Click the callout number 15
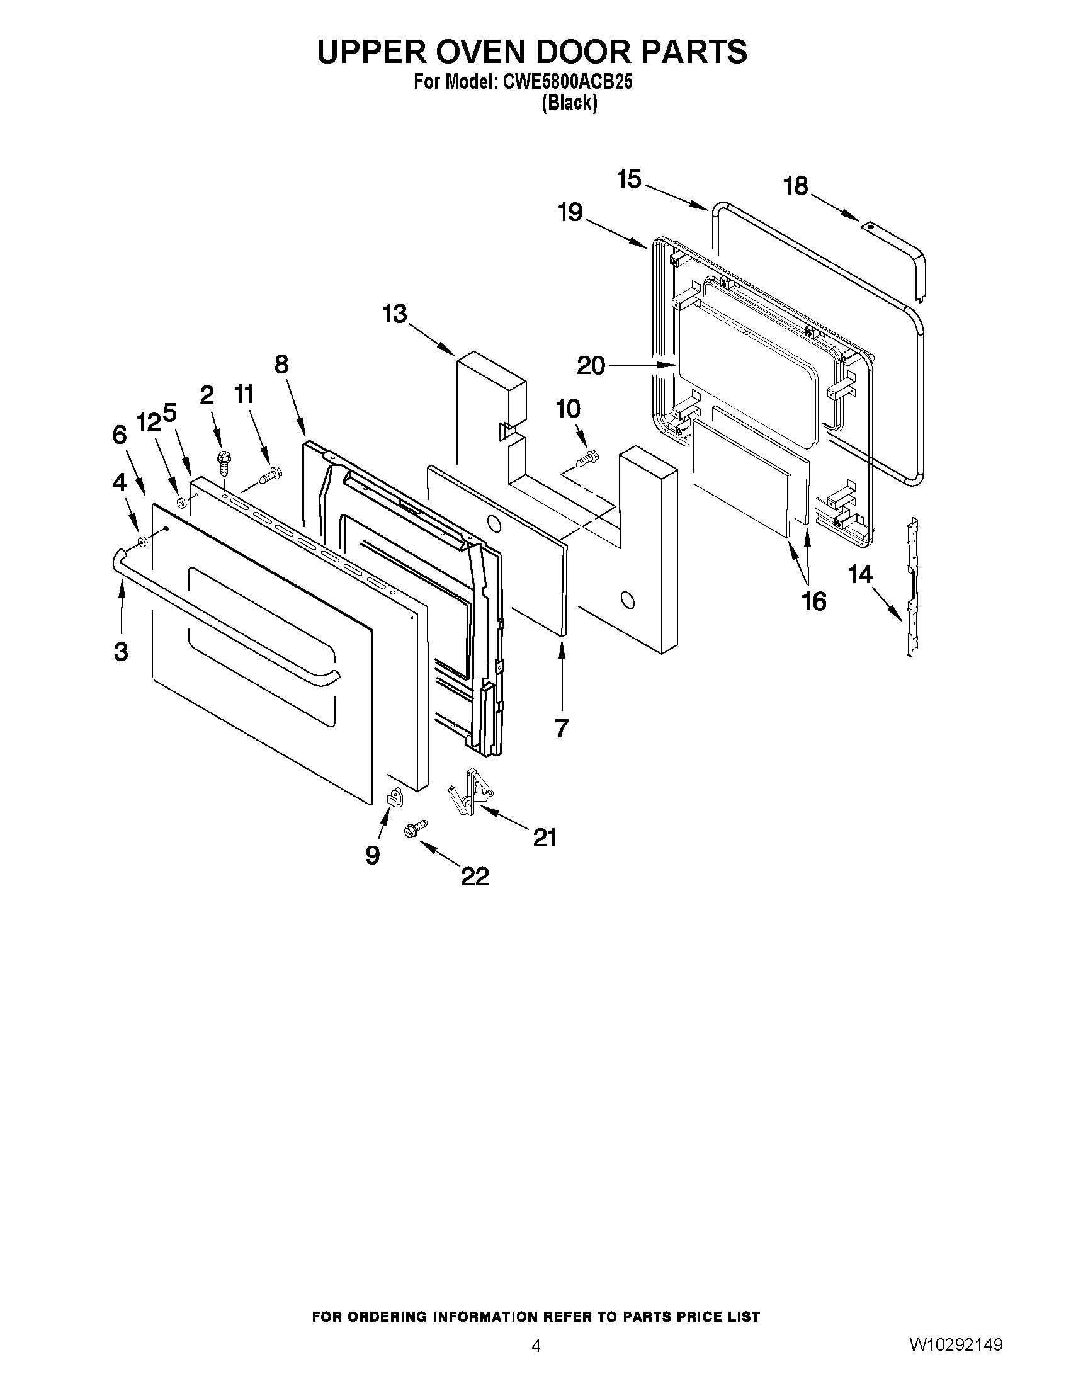tap(629, 179)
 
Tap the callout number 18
tap(796, 186)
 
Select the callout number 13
tap(395, 314)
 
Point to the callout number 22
tap(475, 877)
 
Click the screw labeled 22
tap(416, 828)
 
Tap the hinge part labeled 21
tap(470, 791)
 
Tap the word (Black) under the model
tap(569, 103)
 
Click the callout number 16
tap(814, 600)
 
